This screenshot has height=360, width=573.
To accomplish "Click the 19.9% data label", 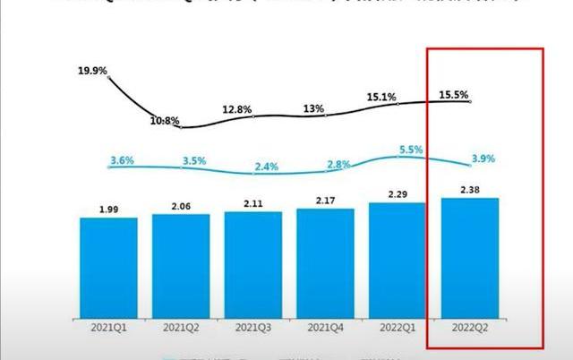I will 93,69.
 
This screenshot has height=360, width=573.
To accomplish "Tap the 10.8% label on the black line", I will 166,120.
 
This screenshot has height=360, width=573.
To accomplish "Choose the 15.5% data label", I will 456,93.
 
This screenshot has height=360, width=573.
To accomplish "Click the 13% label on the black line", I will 313,108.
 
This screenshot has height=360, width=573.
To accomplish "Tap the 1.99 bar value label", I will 109,210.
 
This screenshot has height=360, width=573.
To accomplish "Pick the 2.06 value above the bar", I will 182,206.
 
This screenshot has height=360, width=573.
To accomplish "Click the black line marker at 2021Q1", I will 109,78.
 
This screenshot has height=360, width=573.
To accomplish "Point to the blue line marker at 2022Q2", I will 470,165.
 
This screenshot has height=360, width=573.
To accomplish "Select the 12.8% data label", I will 239,109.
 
